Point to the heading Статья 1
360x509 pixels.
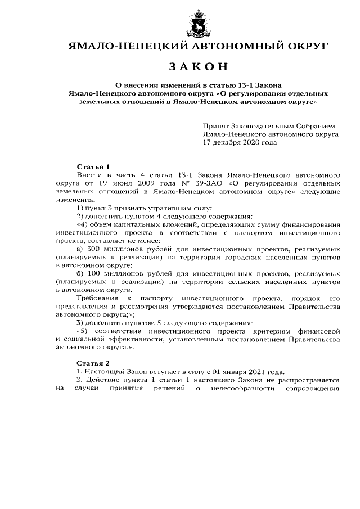(93, 167)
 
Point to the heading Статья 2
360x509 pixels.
(93, 364)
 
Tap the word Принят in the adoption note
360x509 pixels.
(217, 127)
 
